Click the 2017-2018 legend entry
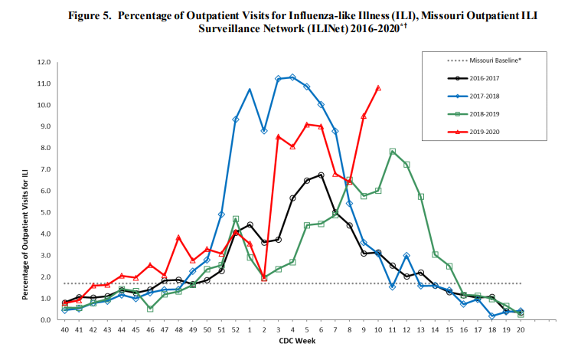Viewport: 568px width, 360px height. pos(473,96)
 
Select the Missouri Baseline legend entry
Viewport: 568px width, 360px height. pos(484,61)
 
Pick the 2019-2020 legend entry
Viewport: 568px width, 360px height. pos(473,132)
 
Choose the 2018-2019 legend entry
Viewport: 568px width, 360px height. pos(473,114)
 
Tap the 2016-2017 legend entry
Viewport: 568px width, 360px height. pos(473,78)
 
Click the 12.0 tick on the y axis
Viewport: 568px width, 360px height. pos(44,62)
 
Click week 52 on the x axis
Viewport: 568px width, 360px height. pos(236,330)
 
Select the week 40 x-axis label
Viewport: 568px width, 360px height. pos(64,330)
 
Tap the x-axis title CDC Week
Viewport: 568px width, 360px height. pos(297,341)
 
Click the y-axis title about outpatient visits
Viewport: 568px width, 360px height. pos(25,234)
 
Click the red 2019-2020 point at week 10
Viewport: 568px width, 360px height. pos(378,88)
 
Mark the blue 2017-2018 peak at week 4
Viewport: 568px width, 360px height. pos(292,77)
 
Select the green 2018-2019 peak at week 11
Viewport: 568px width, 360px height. pos(392,151)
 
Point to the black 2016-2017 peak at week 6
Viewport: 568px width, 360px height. pos(321,175)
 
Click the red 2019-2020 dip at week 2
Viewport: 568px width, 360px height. pos(264,279)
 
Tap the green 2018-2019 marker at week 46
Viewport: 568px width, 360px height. pos(150,309)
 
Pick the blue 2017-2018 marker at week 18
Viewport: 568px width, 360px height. pos(492,316)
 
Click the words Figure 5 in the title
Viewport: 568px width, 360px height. pos(90,16)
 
